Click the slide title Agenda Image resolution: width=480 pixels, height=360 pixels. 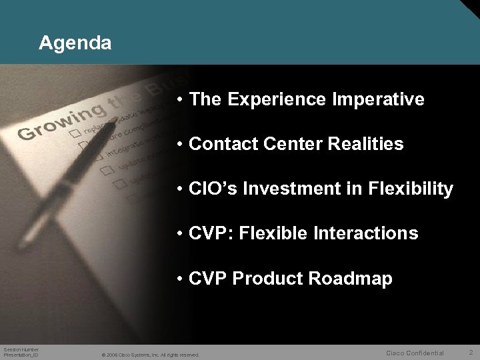click(x=75, y=44)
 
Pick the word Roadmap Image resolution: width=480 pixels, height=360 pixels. click(x=351, y=278)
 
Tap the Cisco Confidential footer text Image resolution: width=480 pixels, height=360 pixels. click(x=415, y=353)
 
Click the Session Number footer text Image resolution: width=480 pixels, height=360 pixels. click(x=21, y=349)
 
